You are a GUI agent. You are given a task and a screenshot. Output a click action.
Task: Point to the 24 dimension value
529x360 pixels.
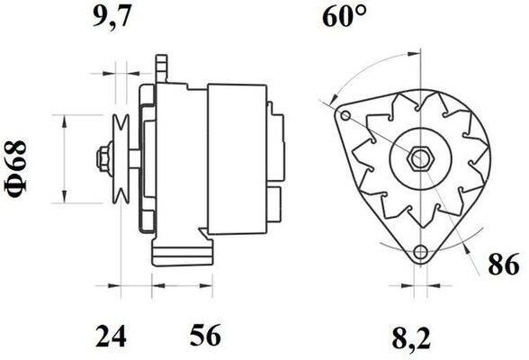pos(112,337)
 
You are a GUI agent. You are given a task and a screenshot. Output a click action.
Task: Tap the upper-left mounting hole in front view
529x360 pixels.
pos(345,115)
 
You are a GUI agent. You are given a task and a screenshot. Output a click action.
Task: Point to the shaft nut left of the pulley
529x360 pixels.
pos(101,160)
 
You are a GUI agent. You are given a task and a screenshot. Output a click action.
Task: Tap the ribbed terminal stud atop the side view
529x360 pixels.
pos(163,67)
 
